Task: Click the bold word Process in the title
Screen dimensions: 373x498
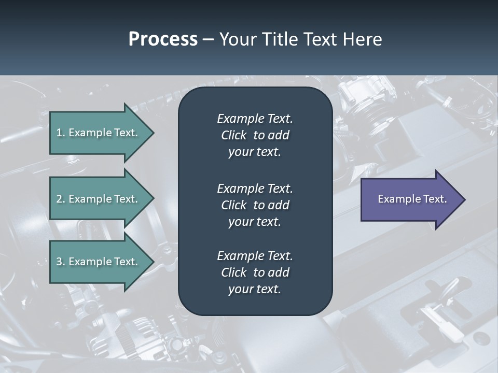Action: coord(163,39)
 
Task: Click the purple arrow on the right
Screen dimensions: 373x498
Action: coord(410,199)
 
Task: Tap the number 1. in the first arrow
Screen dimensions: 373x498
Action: coord(61,133)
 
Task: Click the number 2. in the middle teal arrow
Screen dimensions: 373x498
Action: coord(61,199)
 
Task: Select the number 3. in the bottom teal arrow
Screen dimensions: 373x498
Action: coord(61,262)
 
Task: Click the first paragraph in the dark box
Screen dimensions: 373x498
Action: coord(255,135)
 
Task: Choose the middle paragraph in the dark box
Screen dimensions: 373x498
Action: coord(255,205)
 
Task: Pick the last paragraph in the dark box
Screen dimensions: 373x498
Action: coord(255,272)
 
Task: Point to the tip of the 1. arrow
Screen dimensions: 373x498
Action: coord(153,133)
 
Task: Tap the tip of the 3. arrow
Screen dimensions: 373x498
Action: coord(153,262)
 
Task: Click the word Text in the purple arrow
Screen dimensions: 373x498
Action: coord(435,199)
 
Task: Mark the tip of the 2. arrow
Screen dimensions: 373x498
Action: coord(153,199)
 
